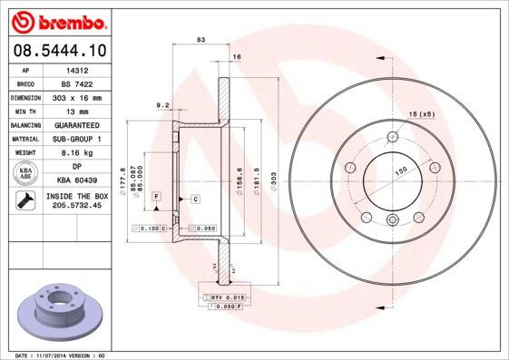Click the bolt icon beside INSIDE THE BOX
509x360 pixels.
[x=23, y=200]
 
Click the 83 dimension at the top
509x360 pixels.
[x=201, y=39]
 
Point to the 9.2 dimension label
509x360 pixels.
[x=163, y=105]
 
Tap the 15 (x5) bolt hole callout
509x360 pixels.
[x=421, y=113]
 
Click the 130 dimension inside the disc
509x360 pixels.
[x=399, y=170]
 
